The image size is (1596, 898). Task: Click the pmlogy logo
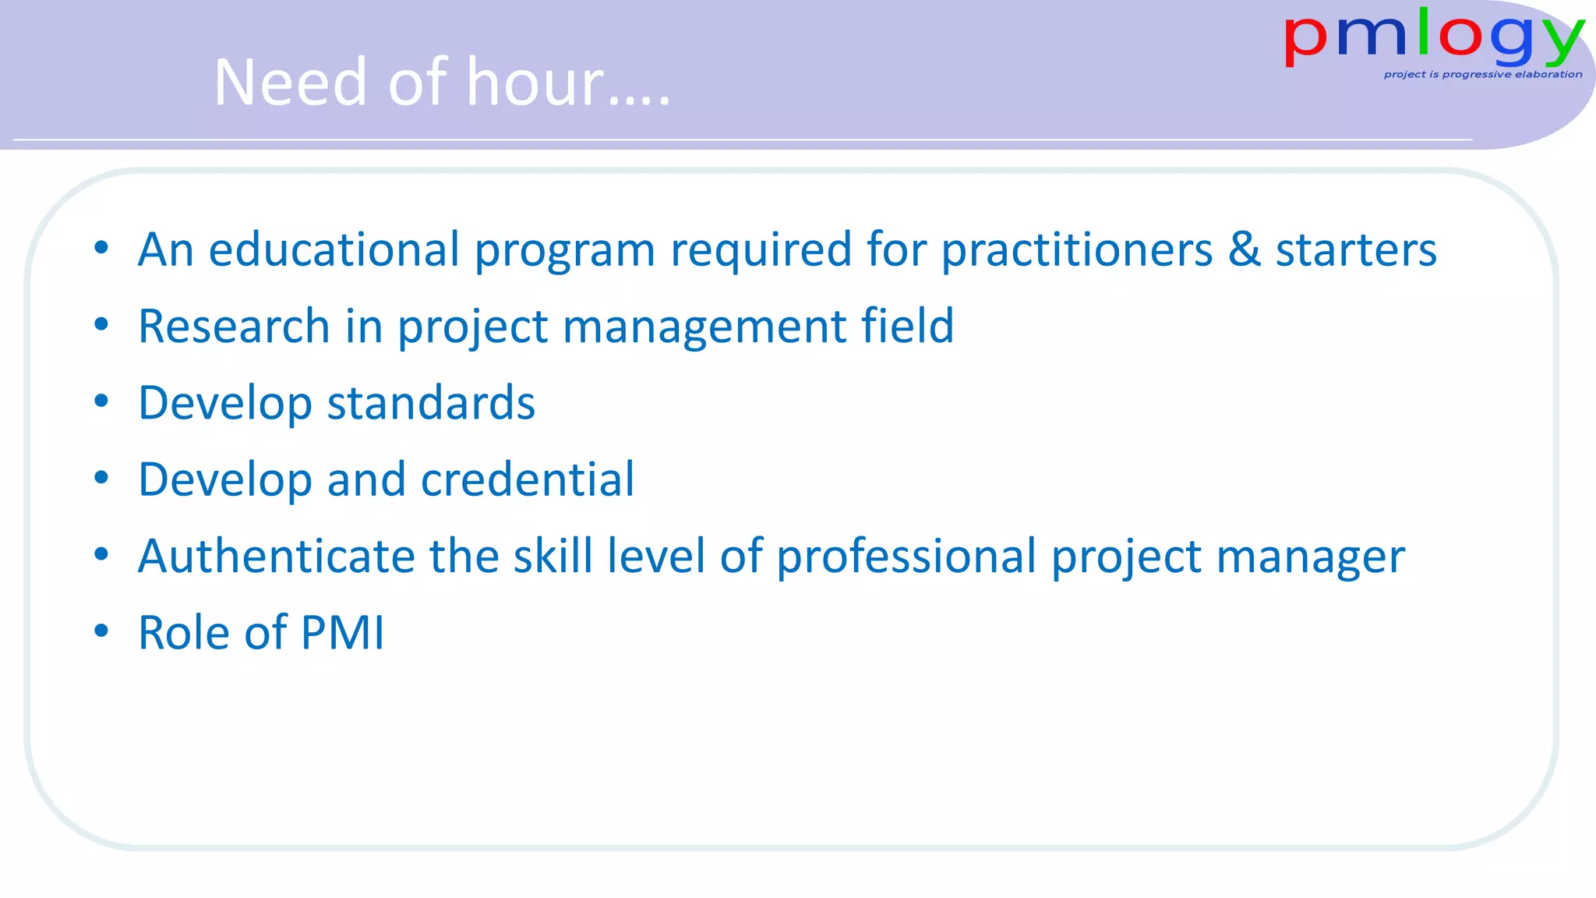coord(1433,39)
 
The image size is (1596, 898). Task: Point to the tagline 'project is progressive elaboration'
coord(1482,75)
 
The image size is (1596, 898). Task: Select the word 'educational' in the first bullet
coord(334,250)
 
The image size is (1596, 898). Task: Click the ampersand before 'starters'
coord(1244,250)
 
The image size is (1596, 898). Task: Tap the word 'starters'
coord(1356,250)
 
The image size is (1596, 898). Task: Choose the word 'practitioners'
coord(1076,250)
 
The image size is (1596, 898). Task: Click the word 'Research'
coord(234,326)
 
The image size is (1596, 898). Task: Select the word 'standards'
coord(431,403)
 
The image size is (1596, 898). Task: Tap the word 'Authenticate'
coord(276,557)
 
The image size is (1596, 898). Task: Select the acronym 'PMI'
coord(342,632)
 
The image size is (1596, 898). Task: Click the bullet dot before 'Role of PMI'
coord(101,631)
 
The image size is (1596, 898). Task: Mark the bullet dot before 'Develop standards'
coord(101,401)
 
